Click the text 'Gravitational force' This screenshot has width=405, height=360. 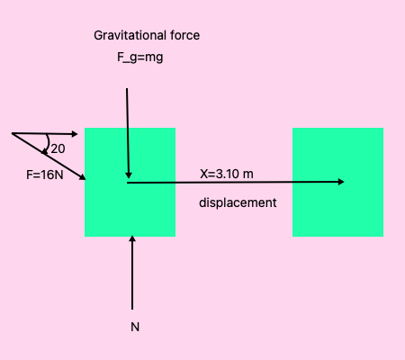tap(147, 36)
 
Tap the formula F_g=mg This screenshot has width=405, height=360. tap(134, 58)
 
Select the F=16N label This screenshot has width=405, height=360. tap(45, 175)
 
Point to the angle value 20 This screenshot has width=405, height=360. tap(58, 148)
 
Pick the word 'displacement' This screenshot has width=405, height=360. tap(238, 202)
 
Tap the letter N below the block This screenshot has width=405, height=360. tap(135, 327)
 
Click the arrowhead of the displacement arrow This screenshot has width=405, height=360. tap(342, 182)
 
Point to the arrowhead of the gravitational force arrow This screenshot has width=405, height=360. tap(130, 175)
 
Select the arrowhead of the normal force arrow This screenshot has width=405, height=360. tap(132, 239)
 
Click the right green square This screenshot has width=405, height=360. tap(337, 182)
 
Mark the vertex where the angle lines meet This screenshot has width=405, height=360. tap(13, 134)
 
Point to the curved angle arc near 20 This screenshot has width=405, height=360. tap(47, 144)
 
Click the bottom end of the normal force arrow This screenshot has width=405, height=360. tap(132, 309)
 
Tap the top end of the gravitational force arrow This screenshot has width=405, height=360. tap(127, 88)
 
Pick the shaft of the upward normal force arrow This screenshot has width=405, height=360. tap(132, 274)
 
